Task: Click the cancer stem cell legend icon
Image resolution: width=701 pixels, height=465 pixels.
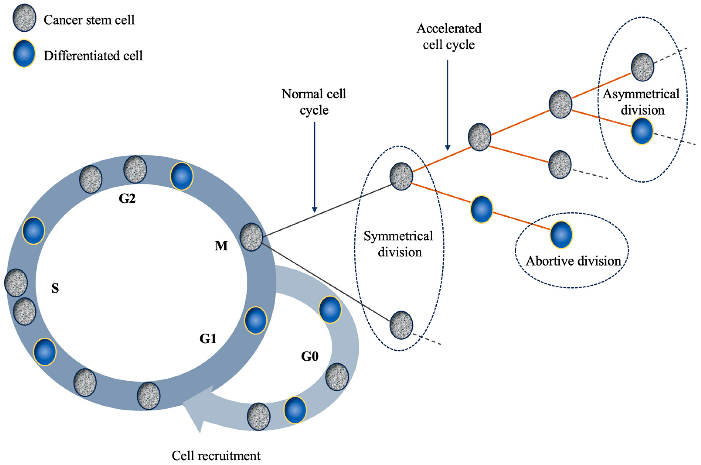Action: coord(24,18)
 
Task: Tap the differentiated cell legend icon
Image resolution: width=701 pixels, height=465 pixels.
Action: coord(24,53)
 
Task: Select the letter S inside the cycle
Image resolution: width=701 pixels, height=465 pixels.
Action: coord(55,288)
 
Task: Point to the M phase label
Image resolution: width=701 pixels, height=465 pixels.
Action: coord(221,246)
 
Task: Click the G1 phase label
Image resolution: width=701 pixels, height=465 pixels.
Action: coord(208,338)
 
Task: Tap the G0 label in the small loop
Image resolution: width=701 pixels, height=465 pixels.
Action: coord(309,356)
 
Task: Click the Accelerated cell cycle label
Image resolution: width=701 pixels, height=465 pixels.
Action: coord(449,36)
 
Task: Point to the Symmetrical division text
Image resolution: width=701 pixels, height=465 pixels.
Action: coord(399,244)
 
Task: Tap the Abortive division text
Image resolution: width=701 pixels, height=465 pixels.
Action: coord(573,261)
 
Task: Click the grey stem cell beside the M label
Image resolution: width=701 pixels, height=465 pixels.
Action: coord(251,237)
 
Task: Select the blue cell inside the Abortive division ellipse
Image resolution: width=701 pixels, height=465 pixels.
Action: coord(561,234)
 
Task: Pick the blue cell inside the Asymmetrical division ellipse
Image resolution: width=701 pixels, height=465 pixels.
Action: coord(642,131)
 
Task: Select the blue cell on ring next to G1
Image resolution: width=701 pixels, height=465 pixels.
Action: coord(255,320)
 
